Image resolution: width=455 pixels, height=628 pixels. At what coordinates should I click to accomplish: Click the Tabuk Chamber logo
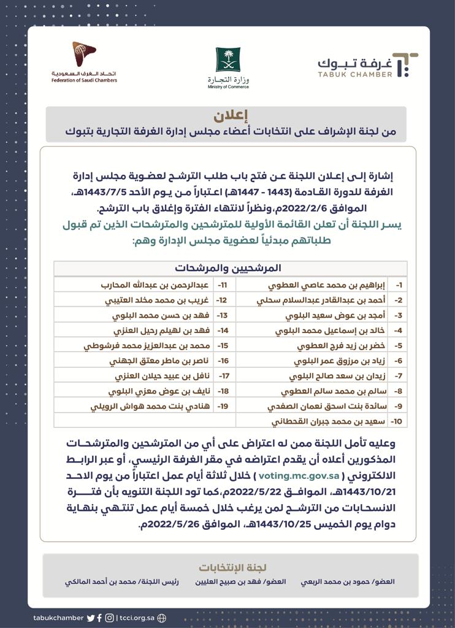[x=367, y=66]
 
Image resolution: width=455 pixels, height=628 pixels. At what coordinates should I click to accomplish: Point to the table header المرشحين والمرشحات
[x=227, y=268]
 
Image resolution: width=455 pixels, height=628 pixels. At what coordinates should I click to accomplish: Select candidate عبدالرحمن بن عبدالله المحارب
[x=155, y=285]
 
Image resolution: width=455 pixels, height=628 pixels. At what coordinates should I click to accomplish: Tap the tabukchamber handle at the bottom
[x=58, y=618]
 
